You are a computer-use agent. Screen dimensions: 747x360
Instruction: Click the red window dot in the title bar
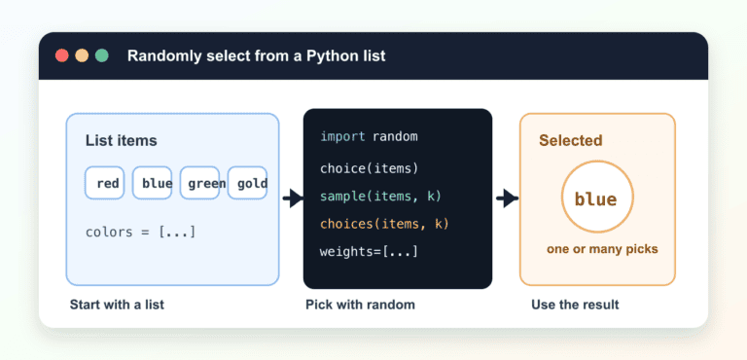point(62,55)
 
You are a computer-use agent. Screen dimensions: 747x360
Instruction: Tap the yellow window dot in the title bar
point(82,55)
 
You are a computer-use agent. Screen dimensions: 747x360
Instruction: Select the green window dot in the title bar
point(102,55)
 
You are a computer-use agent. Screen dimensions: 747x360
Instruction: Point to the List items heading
point(121,141)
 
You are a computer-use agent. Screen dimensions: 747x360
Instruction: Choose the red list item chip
point(105,183)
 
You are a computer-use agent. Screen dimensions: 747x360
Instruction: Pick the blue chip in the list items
point(152,183)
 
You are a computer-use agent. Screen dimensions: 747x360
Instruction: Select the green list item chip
point(199,183)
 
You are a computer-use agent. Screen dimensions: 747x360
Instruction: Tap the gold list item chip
point(247,183)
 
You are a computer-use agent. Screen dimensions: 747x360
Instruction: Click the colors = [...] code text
point(140,233)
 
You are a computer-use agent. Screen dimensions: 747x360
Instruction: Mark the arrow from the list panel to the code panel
point(293,198)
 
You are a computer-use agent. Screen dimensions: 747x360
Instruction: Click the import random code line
point(369,137)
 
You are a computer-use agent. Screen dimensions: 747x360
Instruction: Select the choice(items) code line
point(369,168)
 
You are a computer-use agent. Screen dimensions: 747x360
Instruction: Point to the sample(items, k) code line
point(381,196)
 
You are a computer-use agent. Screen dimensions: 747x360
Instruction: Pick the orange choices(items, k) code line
point(384,224)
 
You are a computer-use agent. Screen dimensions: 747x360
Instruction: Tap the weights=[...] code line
point(369,251)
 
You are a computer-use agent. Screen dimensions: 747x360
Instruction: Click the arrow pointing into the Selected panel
point(507,198)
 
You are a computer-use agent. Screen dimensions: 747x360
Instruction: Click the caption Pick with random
point(360,305)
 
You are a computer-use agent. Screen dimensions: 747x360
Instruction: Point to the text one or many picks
point(602,249)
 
